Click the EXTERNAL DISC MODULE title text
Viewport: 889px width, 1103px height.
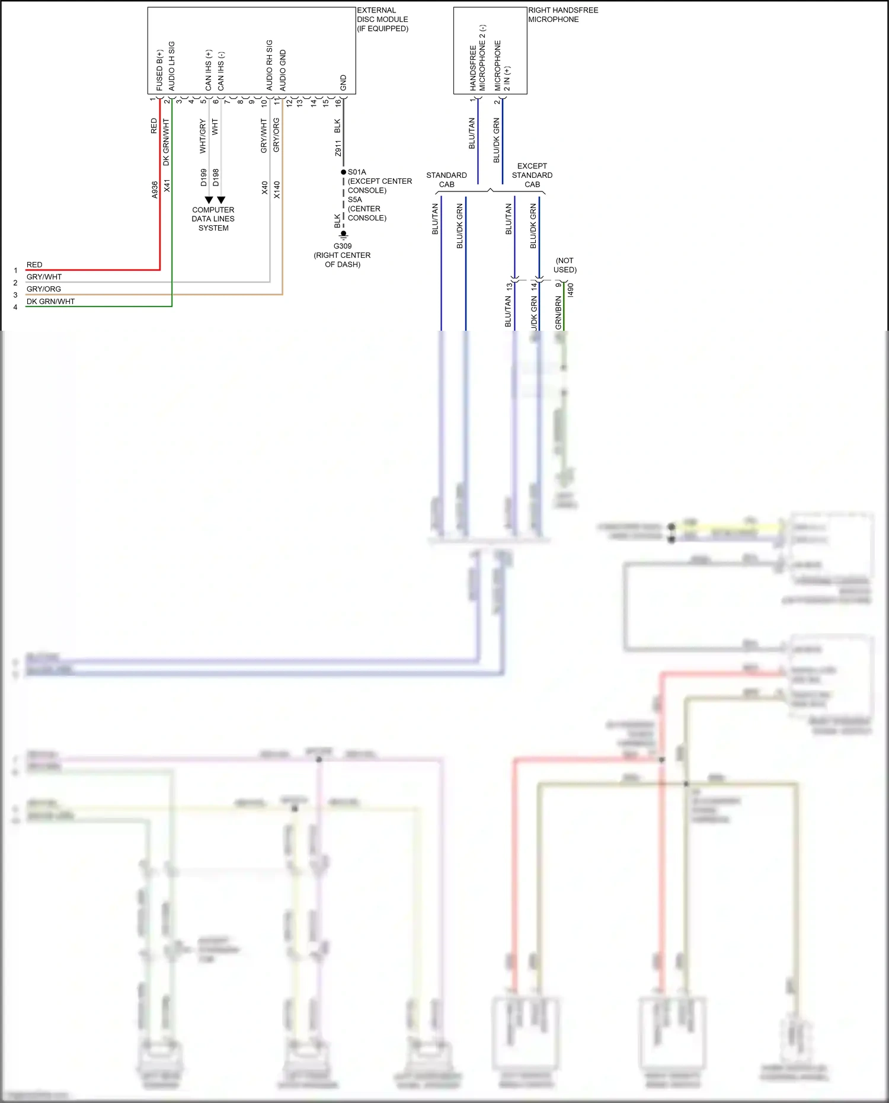tap(382, 19)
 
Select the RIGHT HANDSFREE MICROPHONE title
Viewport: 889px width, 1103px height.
tap(562, 15)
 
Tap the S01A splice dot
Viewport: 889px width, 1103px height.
tap(343, 172)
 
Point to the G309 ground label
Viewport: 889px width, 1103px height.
tap(342, 246)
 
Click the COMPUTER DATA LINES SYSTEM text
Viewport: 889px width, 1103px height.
tap(213, 219)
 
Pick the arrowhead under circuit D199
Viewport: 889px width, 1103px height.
tap(209, 200)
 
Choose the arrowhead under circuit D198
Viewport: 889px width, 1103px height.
tap(221, 200)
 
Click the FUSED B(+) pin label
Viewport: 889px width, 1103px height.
tap(159, 70)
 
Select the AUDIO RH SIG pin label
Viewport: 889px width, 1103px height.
tap(270, 65)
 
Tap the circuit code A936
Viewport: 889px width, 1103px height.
tap(155, 190)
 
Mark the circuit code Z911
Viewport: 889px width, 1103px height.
tap(338, 148)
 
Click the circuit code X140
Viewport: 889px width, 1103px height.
tap(277, 190)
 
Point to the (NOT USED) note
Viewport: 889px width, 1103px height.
tap(565, 265)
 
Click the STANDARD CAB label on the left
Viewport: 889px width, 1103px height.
tap(446, 180)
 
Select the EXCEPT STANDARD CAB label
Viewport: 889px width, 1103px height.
tap(532, 175)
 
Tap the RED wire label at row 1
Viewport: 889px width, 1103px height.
tap(34, 265)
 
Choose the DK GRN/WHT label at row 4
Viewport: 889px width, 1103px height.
tap(50, 301)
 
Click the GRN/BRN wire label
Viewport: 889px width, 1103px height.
tap(558, 313)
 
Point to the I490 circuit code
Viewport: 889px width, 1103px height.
tap(570, 290)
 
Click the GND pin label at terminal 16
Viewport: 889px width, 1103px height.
tap(343, 82)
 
